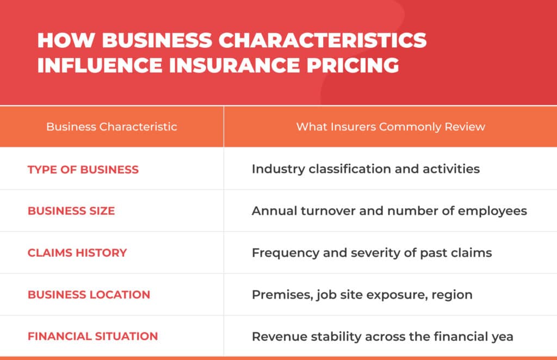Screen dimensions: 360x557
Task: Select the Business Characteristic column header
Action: [x=112, y=127]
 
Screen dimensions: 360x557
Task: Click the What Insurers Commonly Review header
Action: [x=391, y=127]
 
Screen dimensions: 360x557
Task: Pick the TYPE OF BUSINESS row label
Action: [x=83, y=169]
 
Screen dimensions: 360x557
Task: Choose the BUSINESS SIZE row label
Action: [x=71, y=211]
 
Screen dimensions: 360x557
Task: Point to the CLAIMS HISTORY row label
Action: [x=77, y=253]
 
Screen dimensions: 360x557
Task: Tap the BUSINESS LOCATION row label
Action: [x=89, y=295]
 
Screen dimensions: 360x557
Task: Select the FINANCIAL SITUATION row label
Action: [x=92, y=336]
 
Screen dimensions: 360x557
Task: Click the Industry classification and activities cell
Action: [x=366, y=169]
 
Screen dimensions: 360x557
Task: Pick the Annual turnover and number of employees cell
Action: [x=389, y=211]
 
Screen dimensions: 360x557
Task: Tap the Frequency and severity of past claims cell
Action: [x=372, y=253]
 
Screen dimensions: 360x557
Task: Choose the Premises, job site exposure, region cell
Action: [x=362, y=295]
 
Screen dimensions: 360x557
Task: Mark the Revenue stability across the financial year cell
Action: [x=382, y=336]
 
